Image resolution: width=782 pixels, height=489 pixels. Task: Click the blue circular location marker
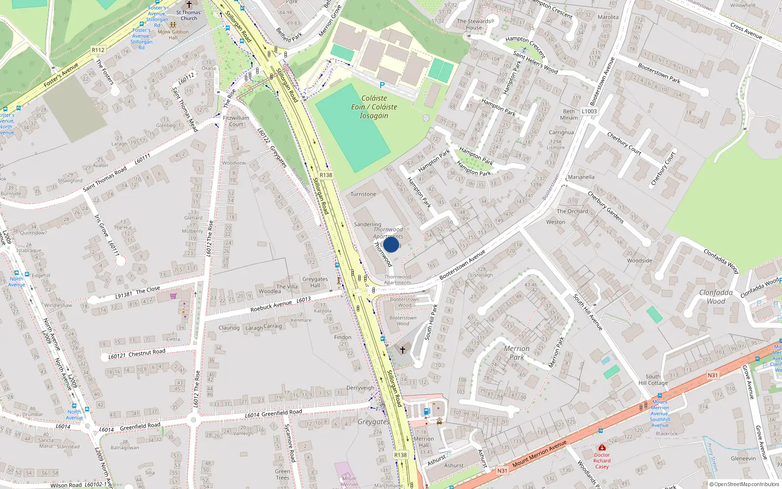pyautogui.click(x=391, y=244)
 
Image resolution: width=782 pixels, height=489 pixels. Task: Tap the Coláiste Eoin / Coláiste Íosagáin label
pyautogui.click(x=374, y=107)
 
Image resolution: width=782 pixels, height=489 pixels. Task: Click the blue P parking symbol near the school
pyautogui.click(x=382, y=85)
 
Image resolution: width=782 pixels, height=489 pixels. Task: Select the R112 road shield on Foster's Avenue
pyautogui.click(x=98, y=50)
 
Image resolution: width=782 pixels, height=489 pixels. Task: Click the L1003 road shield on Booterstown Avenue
pyautogui.click(x=589, y=111)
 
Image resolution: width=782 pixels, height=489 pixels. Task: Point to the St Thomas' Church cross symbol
pyautogui.click(x=189, y=4)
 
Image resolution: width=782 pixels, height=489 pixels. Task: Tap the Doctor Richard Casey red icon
pyautogui.click(x=602, y=447)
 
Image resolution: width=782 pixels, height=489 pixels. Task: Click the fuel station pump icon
pyautogui.click(x=427, y=411)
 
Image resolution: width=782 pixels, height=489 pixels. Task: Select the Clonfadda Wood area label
pyautogui.click(x=716, y=296)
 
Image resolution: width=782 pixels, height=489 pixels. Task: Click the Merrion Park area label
pyautogui.click(x=517, y=353)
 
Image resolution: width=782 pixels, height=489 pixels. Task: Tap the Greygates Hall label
pyautogui.click(x=315, y=282)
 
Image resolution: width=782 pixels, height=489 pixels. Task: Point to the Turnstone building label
pyautogui.click(x=363, y=194)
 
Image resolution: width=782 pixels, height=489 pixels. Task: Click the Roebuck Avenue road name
pyautogui.click(x=271, y=306)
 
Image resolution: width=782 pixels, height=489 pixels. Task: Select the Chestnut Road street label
pyautogui.click(x=147, y=352)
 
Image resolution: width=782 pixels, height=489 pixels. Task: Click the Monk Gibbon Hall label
pyautogui.click(x=173, y=35)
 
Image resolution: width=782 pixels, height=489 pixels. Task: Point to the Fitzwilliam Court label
pyautogui.click(x=236, y=121)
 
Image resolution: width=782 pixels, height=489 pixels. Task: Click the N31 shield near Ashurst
pyautogui.click(x=502, y=471)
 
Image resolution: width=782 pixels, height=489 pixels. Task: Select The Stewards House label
pyautogui.click(x=474, y=24)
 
